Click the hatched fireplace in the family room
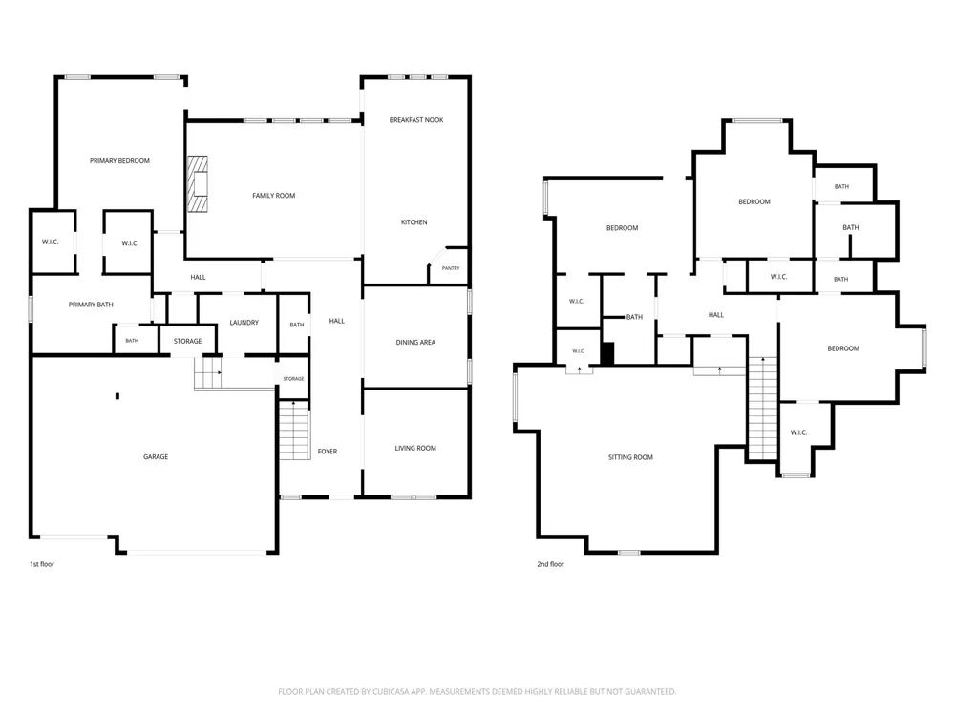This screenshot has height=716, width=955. point(197,184)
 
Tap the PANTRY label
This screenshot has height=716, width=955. point(451,268)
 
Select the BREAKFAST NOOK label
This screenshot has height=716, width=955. point(416,120)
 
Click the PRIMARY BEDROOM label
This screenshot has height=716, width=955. point(119,160)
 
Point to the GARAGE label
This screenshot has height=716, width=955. point(156,456)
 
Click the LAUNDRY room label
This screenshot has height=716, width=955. point(244,323)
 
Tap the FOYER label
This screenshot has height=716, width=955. point(328,452)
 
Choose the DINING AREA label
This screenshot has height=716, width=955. point(415,342)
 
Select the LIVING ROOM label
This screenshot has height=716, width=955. point(415,448)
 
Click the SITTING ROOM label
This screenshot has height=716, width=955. point(630,457)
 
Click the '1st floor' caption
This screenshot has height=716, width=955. point(42,564)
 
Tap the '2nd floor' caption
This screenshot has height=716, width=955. point(551,564)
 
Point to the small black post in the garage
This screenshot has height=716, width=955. point(117,396)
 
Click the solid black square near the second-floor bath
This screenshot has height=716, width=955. point(607,354)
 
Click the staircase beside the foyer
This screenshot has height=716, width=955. point(294,430)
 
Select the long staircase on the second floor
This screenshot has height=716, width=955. point(762,409)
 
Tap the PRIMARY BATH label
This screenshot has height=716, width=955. point(91,305)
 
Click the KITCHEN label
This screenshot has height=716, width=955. point(414,222)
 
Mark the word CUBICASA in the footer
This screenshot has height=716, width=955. point(401,691)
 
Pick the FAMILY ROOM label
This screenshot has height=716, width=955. point(274,196)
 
